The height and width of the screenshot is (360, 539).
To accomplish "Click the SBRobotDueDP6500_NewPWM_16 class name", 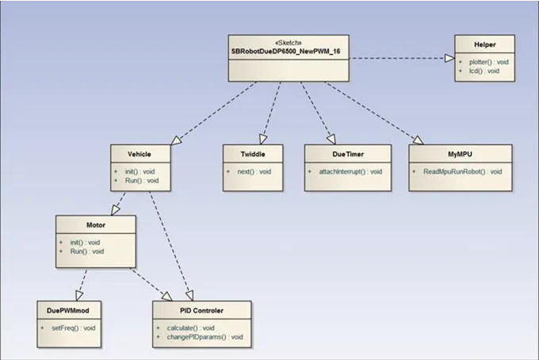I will (289, 52).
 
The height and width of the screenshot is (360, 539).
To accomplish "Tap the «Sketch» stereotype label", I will (289, 44).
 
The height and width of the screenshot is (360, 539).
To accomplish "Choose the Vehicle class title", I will (139, 153).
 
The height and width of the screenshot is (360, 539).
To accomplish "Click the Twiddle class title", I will (254, 153).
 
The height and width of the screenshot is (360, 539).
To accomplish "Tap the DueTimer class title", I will (347, 153).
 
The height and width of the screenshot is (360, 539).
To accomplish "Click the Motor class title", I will (94, 224).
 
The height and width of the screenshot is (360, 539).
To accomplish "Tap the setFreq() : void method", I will (73, 327).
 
